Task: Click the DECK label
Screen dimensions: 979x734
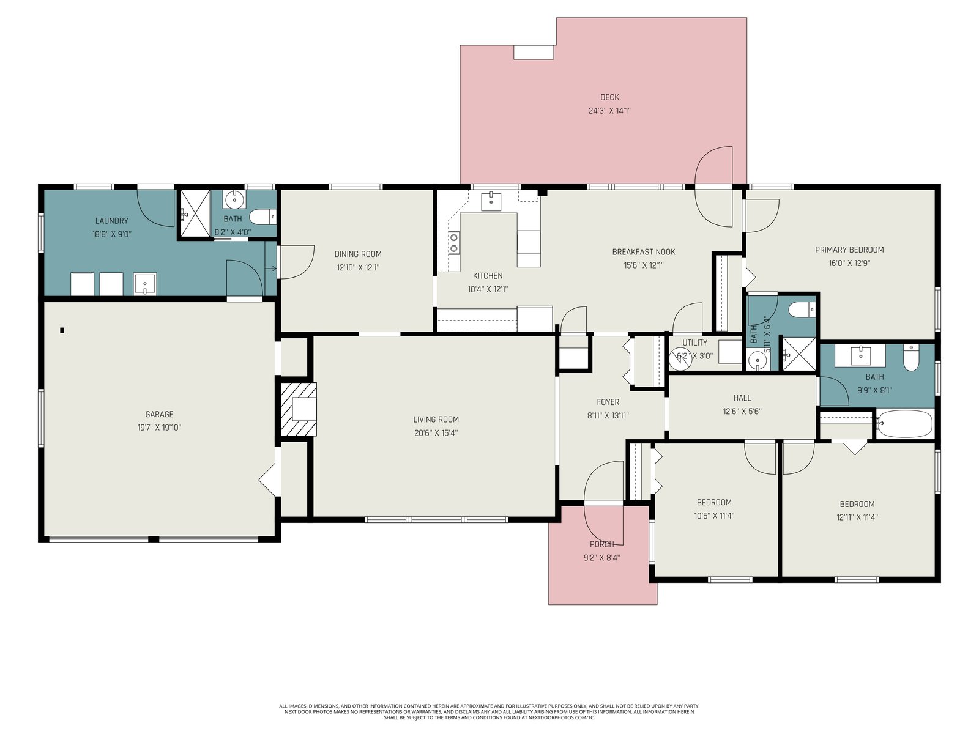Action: tap(609, 97)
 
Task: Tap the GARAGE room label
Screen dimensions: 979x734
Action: tap(159, 415)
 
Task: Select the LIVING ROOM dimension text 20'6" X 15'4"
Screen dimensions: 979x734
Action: tap(436, 432)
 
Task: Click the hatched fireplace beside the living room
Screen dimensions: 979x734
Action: tap(299, 409)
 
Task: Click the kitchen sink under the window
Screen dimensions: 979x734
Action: tap(491, 201)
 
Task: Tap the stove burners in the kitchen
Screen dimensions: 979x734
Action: tap(454, 243)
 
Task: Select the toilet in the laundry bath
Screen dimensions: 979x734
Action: tap(262, 218)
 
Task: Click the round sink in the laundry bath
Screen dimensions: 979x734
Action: tap(234, 200)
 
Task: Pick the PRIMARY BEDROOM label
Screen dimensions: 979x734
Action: tap(849, 250)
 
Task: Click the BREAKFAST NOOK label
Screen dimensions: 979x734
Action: tap(644, 252)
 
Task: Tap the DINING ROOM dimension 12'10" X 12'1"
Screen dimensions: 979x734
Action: tap(358, 268)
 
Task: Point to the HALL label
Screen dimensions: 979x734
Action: tap(742, 398)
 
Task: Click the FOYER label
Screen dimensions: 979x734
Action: tap(608, 402)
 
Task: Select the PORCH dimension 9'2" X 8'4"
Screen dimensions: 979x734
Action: tap(602, 557)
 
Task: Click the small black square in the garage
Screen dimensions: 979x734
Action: tap(62, 330)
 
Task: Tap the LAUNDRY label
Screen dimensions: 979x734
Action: tap(111, 221)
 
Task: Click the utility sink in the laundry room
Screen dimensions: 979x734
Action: tap(145, 284)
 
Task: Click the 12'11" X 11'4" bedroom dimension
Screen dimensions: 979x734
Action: tap(857, 517)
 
